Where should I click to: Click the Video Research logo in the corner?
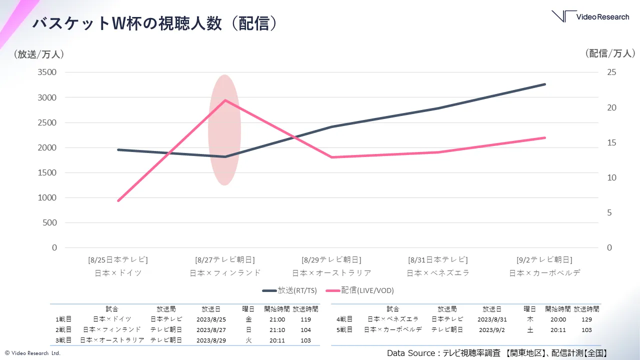click(590, 16)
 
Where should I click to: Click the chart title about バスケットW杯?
click(154, 23)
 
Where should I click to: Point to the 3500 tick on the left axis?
click(47, 72)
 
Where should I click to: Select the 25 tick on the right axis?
click(611, 72)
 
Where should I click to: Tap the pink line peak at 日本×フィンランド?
click(225, 100)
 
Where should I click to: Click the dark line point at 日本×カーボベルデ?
click(544, 84)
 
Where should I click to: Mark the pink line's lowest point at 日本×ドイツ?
click(118, 201)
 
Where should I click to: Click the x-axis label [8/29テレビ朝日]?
click(331, 260)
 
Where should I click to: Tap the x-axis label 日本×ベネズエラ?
click(438, 273)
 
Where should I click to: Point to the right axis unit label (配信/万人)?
click(610, 53)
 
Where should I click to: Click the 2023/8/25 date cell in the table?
click(211, 319)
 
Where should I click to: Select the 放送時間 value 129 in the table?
click(586, 319)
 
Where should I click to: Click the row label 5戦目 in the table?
click(344, 330)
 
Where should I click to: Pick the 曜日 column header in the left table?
click(248, 309)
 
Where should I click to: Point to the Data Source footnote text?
click(497, 353)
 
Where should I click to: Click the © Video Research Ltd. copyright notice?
click(32, 353)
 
